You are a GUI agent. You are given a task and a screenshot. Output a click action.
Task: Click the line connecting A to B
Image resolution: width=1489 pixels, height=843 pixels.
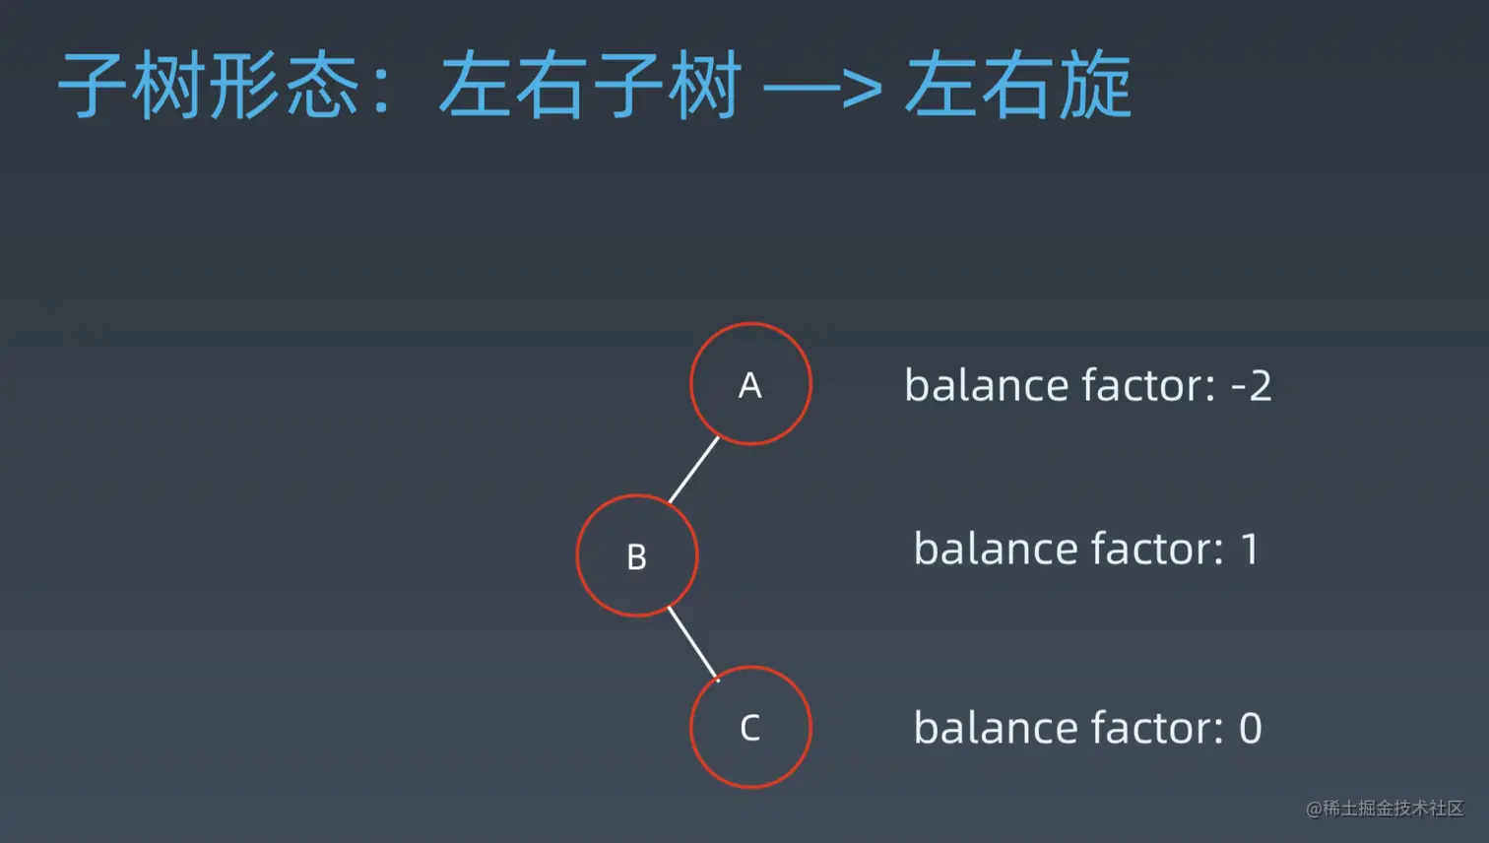694,470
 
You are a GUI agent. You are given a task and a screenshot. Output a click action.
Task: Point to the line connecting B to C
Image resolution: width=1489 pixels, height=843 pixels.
693,644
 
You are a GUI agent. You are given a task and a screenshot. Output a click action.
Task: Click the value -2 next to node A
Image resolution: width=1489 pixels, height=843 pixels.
1251,386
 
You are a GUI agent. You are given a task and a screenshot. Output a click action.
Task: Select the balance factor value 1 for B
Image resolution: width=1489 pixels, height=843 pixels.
1250,550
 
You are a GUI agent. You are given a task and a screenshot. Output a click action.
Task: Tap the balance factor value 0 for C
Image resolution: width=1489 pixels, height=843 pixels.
1251,728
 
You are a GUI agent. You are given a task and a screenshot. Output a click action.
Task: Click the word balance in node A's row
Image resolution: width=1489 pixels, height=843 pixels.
986,385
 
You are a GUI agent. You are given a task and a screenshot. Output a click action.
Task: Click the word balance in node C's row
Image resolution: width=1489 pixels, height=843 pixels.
995,727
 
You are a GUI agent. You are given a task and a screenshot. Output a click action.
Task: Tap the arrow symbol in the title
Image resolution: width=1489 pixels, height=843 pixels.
823,87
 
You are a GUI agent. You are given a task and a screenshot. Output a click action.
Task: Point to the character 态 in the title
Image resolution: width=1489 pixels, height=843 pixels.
322,85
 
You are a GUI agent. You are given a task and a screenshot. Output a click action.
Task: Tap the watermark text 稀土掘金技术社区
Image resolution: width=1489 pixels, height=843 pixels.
1393,808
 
